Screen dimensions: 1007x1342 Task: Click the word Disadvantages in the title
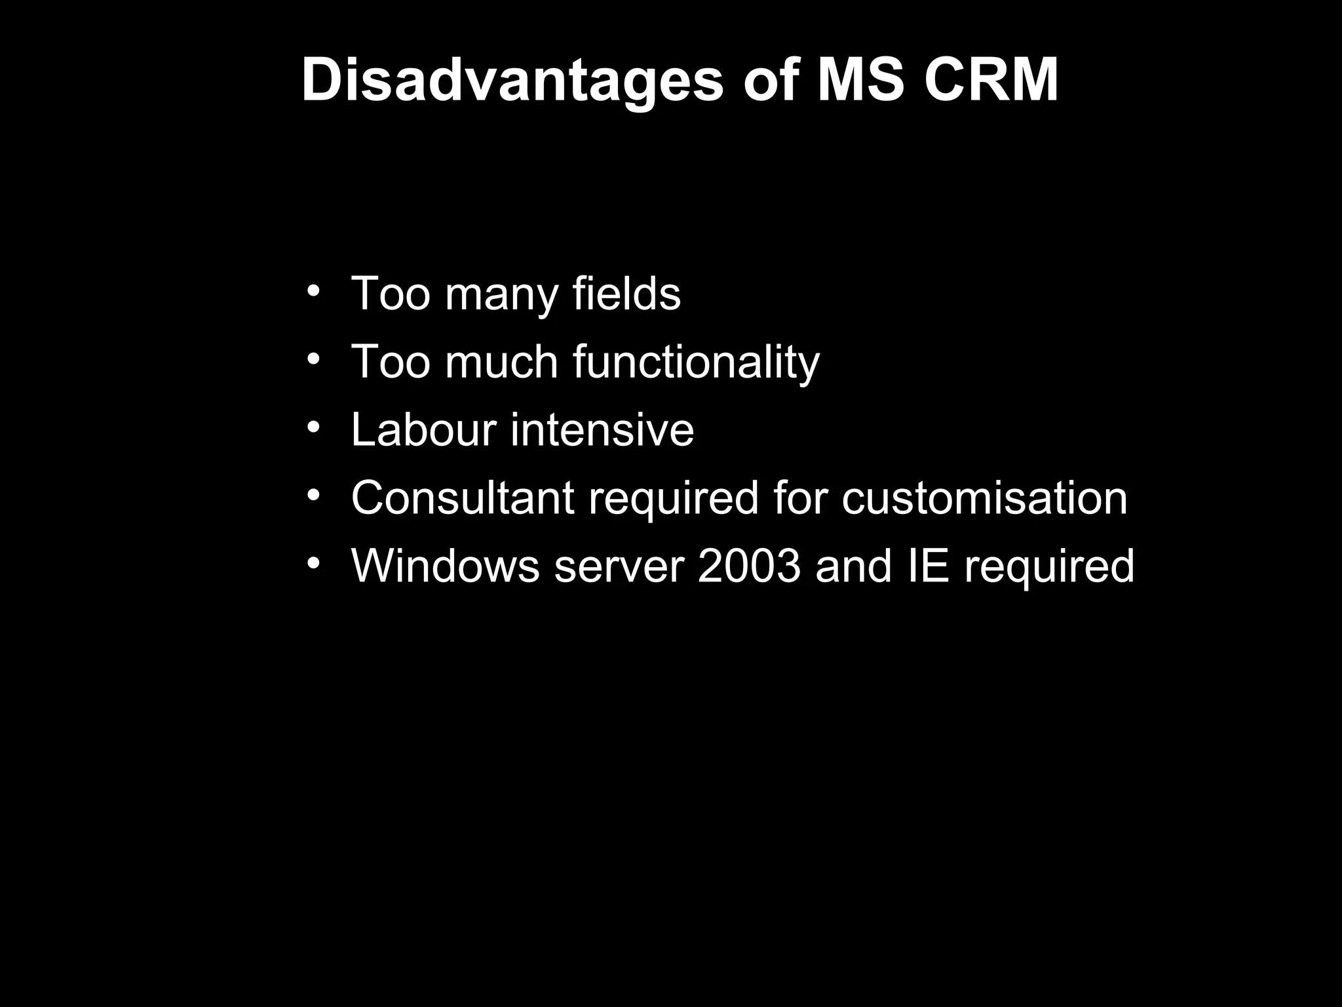coord(512,81)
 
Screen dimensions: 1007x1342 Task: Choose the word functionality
coord(696,362)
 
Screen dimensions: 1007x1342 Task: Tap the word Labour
coord(423,430)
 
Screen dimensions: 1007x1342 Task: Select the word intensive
coord(602,430)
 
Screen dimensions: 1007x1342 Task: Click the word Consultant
coord(463,498)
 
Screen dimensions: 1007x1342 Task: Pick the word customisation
coord(984,498)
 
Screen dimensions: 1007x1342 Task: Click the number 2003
coord(749,566)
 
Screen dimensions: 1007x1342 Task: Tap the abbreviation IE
coord(929,566)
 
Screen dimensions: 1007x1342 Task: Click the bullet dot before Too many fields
coord(314,290)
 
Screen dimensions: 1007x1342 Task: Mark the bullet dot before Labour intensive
coord(314,427)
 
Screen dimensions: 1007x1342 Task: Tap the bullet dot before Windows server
coord(314,563)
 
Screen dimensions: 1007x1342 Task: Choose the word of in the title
coord(771,81)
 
